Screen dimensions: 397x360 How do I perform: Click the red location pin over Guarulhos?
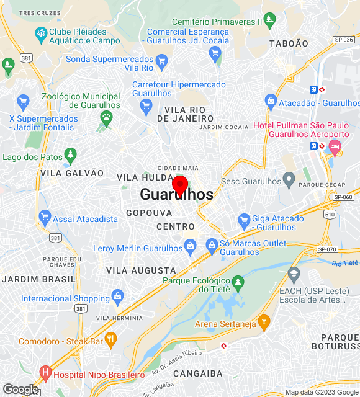180,184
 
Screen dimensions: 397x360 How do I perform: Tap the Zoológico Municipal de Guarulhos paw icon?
107,116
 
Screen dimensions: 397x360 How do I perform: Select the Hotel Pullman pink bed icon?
336,148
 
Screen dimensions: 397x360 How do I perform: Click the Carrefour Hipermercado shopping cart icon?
146,105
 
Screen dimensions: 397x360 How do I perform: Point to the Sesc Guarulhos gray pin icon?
289,180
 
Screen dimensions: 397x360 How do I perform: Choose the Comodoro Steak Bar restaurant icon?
111,339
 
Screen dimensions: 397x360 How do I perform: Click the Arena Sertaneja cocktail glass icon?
264,321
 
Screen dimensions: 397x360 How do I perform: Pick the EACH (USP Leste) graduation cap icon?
294,273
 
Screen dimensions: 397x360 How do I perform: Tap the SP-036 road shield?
343,39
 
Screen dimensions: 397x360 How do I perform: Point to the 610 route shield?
329,214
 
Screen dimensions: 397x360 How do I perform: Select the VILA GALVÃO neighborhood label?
72,173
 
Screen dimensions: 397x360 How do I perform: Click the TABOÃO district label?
289,43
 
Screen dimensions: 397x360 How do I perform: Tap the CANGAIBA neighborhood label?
197,373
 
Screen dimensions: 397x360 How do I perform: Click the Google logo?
20,390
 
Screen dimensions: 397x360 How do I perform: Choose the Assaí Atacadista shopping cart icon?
44,216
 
